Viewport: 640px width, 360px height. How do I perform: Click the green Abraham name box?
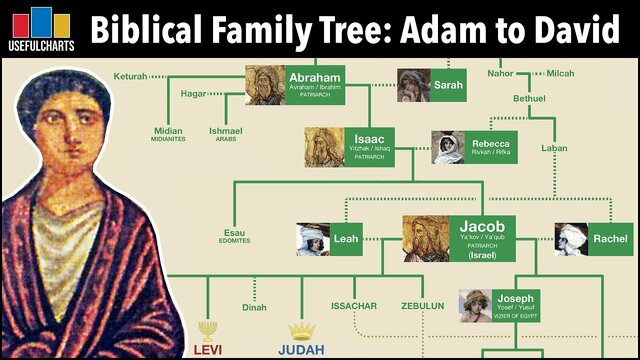[x=315, y=85]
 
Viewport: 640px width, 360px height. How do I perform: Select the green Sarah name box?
[x=448, y=86]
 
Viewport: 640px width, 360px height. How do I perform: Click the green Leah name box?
[x=346, y=239]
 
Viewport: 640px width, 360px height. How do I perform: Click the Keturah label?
[x=130, y=76]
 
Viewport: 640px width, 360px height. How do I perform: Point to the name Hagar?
[x=193, y=94]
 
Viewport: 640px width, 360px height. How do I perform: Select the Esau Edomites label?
[x=235, y=238]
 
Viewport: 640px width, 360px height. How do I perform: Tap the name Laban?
[x=553, y=148]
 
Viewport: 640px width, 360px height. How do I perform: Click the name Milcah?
[x=560, y=73]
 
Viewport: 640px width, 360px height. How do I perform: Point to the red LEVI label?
[x=208, y=349]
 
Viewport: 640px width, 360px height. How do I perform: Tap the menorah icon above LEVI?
[x=208, y=330]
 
